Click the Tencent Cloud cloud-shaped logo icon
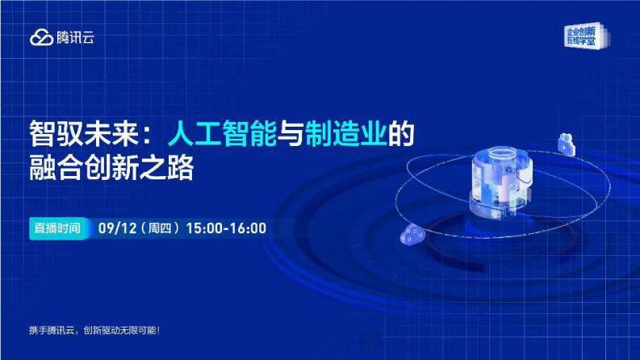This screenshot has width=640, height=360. [41, 37]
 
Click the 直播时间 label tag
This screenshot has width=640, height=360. [57, 228]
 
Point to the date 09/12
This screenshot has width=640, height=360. [114, 228]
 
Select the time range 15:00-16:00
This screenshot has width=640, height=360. [226, 228]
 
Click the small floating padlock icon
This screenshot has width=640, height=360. [565, 144]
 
